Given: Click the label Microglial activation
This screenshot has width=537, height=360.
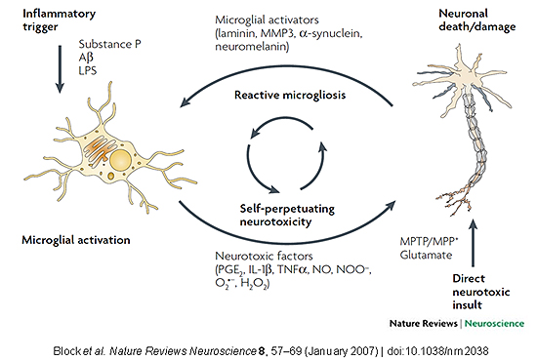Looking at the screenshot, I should point(70,238).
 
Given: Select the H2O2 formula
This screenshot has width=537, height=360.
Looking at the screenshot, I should point(261,283).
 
